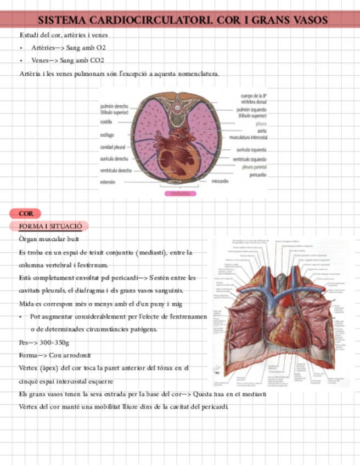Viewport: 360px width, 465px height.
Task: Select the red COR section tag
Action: point(25,213)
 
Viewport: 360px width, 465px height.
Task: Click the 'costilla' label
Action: point(106,123)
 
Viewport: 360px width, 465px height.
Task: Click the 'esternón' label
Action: point(108,182)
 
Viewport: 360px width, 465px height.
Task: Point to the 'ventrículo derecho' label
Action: point(115,171)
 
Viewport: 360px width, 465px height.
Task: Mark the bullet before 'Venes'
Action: point(20,61)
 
